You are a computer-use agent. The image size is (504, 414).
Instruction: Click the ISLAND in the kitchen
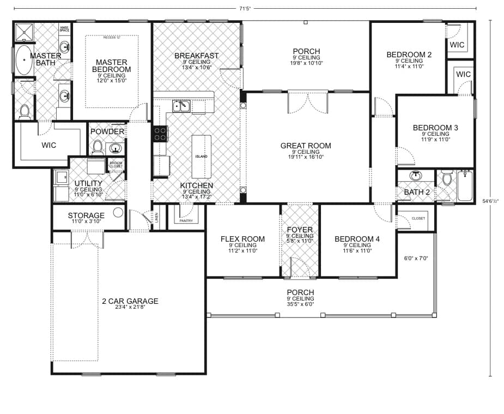[201, 157]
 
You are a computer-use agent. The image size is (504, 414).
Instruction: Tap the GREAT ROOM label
[305, 146]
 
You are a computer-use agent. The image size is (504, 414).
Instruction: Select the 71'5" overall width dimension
[245, 9]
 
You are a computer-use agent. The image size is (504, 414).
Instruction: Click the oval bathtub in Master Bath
[23, 60]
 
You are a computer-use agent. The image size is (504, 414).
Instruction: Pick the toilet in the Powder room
[98, 146]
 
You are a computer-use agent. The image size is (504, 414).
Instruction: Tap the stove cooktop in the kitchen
[160, 134]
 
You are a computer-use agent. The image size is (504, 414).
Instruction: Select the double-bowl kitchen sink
[181, 106]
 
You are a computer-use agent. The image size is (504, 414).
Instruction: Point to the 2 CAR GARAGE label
[130, 301]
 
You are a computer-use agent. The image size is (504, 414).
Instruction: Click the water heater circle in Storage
[118, 213]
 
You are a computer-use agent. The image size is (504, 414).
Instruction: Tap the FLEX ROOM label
[242, 239]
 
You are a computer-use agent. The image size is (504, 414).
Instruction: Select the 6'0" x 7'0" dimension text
[416, 258]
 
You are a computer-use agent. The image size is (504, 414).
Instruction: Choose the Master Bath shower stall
[23, 32]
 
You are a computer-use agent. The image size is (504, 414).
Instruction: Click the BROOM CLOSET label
[116, 164]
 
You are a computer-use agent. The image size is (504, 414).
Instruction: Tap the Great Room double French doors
[308, 102]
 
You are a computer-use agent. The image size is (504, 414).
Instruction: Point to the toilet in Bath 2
[447, 178]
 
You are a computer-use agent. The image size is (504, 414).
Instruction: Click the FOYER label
[299, 230]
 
